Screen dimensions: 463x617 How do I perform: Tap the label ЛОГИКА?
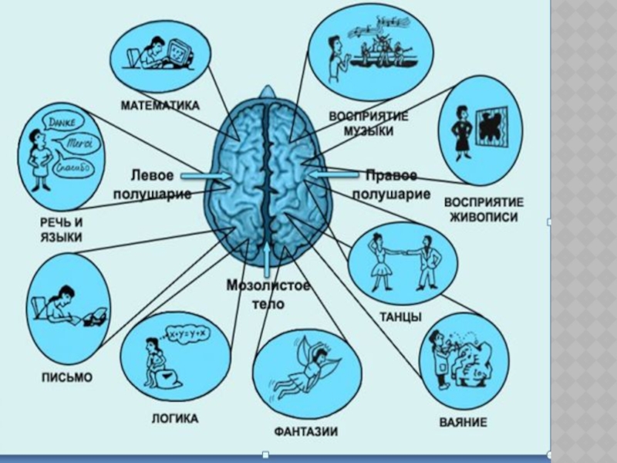point(173,419)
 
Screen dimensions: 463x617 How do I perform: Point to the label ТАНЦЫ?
point(400,317)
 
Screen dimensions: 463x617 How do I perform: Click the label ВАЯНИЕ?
point(463,422)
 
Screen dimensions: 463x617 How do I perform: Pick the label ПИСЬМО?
point(66,377)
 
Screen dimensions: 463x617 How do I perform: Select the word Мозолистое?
point(268,286)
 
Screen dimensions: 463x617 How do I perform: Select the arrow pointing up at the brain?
point(267,259)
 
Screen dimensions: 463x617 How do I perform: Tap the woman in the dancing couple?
point(381,262)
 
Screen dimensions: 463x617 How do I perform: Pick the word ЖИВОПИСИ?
point(483,217)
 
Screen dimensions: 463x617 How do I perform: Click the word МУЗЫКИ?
point(368,131)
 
